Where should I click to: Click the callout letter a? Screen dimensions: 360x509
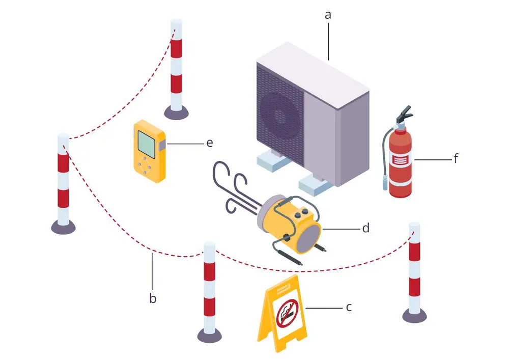click(328, 15)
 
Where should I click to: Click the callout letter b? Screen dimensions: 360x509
click(153, 298)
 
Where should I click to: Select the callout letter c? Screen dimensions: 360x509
click(349, 308)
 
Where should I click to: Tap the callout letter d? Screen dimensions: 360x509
click(365, 229)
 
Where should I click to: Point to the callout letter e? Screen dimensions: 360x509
click(209, 143)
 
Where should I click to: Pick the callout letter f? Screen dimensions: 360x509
click(456, 159)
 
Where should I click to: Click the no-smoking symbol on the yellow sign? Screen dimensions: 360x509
click(286, 313)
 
